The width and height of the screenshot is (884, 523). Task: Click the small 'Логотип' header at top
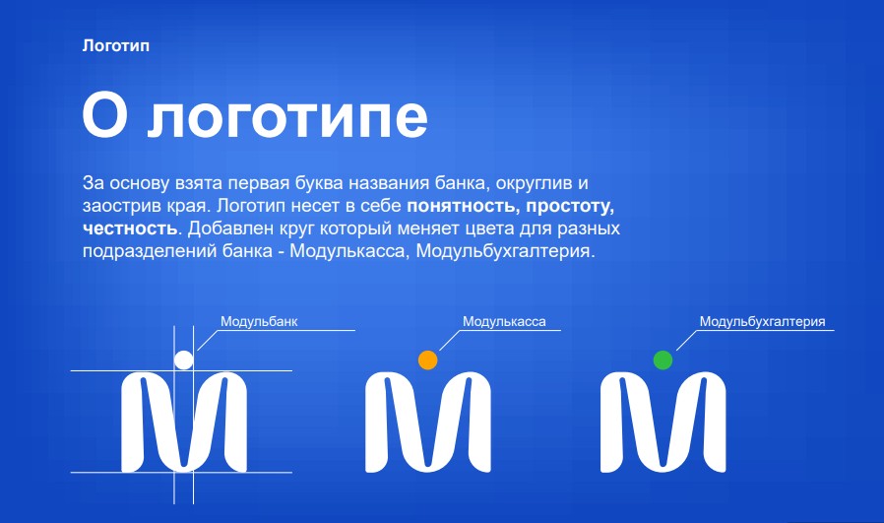[x=116, y=45]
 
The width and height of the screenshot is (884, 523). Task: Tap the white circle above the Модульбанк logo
[x=184, y=360]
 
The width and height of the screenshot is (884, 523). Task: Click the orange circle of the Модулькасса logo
[x=427, y=360]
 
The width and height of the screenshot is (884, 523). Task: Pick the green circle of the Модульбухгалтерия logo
[x=663, y=360]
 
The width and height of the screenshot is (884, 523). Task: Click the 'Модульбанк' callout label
[x=259, y=321]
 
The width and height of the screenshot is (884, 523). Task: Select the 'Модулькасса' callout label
[x=503, y=321]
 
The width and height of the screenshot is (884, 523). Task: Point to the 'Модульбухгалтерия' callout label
[x=761, y=321]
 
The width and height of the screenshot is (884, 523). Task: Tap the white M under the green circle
[x=663, y=422]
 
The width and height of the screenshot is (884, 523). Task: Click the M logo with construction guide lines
[x=184, y=422]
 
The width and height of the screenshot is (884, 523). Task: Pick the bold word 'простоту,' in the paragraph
[x=570, y=207]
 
